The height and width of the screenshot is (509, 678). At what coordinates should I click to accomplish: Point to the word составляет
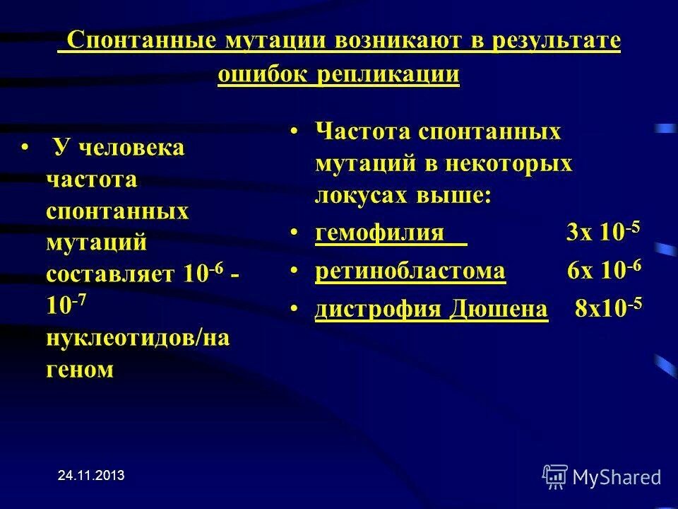tap(112, 274)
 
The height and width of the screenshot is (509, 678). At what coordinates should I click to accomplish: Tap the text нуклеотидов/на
tap(138, 338)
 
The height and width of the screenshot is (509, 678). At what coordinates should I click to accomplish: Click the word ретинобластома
tap(410, 271)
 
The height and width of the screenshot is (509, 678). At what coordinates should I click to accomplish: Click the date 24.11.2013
tap(90, 476)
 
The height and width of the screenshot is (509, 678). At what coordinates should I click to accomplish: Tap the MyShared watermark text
tap(617, 477)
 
